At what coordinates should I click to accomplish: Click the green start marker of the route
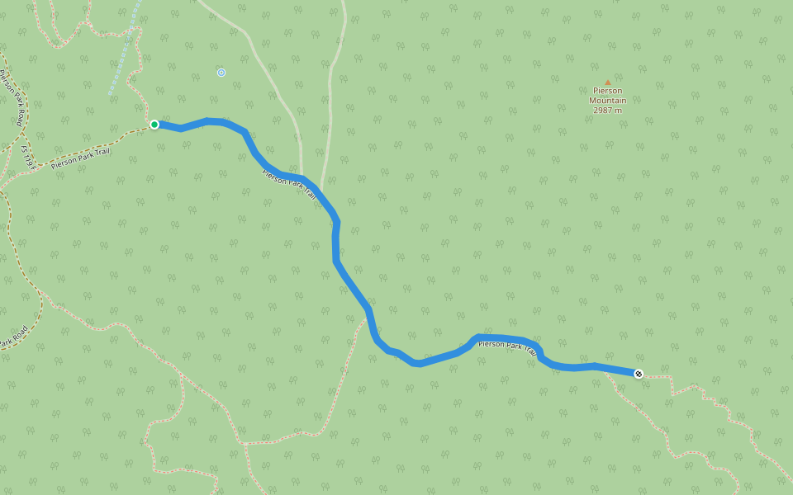click(x=154, y=125)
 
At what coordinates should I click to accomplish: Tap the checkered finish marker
click(x=639, y=374)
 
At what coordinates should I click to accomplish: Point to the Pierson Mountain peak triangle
click(x=608, y=82)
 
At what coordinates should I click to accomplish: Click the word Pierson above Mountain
click(x=608, y=91)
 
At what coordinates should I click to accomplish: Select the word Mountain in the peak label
click(x=608, y=101)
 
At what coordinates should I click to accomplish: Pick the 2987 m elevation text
click(x=608, y=111)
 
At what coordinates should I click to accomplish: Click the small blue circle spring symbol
click(x=221, y=73)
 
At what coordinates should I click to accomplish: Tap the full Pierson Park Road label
click(x=13, y=97)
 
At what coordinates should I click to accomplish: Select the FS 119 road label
click(x=30, y=157)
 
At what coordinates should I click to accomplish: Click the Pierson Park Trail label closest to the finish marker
click(x=508, y=346)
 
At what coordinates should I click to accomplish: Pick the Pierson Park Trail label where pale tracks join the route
click(x=289, y=184)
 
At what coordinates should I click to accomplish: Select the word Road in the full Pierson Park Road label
click(x=21, y=115)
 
